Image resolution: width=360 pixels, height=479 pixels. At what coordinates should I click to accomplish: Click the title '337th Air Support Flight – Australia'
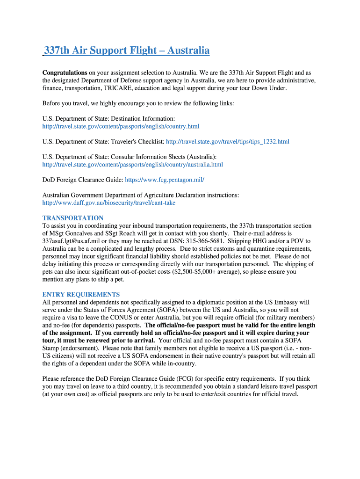(127, 51)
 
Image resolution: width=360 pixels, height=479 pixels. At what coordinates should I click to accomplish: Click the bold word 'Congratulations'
(65, 73)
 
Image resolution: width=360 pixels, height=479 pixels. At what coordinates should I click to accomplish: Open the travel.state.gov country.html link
(121, 126)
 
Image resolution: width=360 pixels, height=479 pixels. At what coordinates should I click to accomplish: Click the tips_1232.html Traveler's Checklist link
(228, 141)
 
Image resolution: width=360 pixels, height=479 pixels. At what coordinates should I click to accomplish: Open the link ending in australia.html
(132, 165)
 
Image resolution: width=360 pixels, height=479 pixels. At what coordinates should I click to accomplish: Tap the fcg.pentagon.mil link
(165, 180)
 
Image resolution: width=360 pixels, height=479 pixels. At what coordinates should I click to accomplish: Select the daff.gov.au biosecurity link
(109, 203)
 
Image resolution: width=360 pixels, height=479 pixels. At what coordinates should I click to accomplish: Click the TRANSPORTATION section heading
(73, 218)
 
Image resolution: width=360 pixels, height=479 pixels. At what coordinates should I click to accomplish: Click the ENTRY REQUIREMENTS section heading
(81, 295)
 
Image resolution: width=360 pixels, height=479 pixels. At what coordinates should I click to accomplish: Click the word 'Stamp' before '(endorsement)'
(51, 348)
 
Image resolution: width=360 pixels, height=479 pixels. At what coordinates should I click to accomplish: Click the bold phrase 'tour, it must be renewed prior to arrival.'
(98, 341)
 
